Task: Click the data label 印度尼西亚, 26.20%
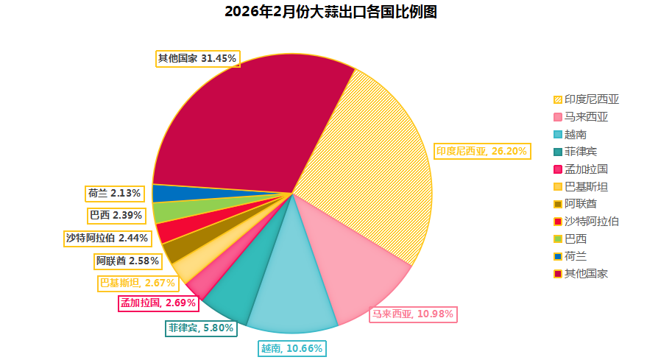(x=481, y=152)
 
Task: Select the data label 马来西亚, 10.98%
(x=413, y=314)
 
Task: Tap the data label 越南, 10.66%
(x=291, y=348)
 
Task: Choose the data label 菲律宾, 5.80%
(x=200, y=328)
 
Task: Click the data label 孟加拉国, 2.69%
(x=158, y=303)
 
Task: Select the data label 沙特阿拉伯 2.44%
(x=107, y=238)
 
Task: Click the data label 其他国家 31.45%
(x=198, y=58)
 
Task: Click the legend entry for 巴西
(x=570, y=239)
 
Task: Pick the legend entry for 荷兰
(x=570, y=256)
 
